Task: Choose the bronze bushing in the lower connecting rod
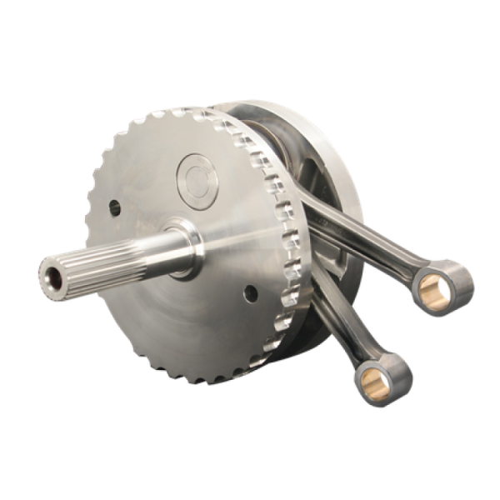point(381,381)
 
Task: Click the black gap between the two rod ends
point(392,333)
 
